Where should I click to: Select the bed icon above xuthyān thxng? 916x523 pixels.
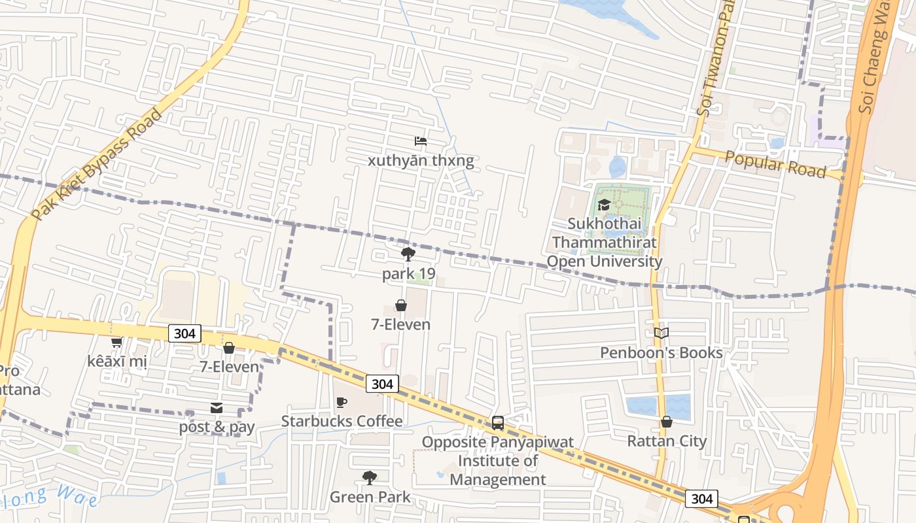tap(421, 141)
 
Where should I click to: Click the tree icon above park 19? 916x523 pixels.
tap(408, 254)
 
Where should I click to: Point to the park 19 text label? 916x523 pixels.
tap(408, 273)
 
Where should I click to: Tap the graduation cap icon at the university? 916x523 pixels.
tap(604, 205)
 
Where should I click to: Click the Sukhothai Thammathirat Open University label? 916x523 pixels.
tap(604, 243)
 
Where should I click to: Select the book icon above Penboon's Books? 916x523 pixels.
tap(661, 333)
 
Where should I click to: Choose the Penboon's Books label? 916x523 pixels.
tap(661, 353)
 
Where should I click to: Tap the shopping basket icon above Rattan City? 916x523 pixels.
tap(667, 422)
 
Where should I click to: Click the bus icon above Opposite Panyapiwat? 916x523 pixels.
tap(498, 423)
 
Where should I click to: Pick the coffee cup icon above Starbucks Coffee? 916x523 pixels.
tap(341, 402)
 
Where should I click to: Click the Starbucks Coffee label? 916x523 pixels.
tap(342, 421)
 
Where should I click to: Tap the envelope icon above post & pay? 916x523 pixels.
tap(217, 409)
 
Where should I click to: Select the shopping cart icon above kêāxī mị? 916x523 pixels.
tap(116, 342)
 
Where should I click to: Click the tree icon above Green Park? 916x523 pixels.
tap(370, 478)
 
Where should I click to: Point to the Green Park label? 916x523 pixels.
tap(370, 497)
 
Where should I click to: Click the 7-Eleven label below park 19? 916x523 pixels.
tap(400, 324)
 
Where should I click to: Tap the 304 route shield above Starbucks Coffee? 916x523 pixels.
tap(381, 384)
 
